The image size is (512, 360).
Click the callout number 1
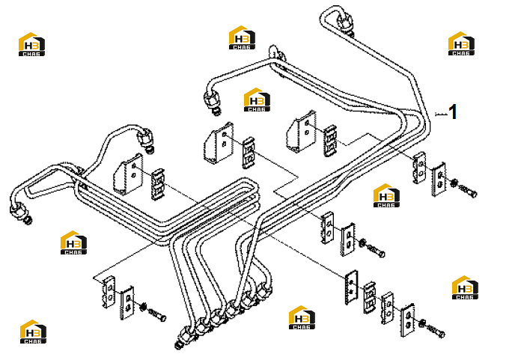pos(453,112)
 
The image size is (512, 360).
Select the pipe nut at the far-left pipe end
pos(19,211)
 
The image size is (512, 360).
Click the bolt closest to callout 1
pos(468,190)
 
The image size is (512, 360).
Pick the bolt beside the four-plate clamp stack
pos(435,331)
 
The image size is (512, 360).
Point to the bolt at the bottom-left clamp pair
pos(157,314)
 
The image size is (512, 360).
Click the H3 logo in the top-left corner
pos(31,44)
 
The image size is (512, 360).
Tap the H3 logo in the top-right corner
pos(461,43)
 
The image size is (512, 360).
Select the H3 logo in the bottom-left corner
pos(33,332)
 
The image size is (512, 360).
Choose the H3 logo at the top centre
pos(242,37)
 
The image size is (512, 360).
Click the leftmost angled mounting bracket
pos(128,174)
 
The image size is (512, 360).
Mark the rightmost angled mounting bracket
pos(302,132)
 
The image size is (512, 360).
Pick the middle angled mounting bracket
pos(219,142)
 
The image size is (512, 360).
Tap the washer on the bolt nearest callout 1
pos(453,183)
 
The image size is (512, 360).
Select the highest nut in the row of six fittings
pos(263,289)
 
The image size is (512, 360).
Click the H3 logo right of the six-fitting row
pos(302,317)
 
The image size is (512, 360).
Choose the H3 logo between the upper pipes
pos(257,100)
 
